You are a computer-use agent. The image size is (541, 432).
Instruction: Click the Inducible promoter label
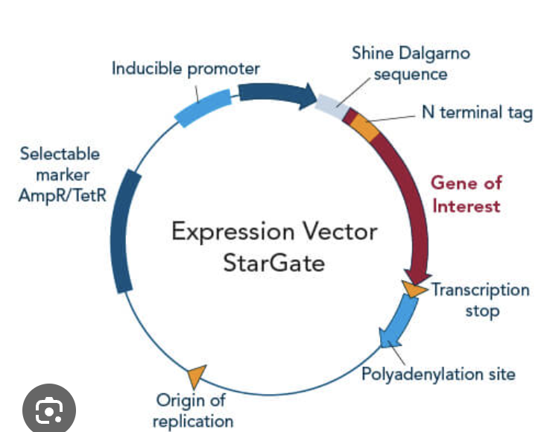point(186,69)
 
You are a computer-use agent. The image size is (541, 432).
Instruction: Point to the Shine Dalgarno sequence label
point(411,64)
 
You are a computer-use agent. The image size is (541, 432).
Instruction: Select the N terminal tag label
point(477,112)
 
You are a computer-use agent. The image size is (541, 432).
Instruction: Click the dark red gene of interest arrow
point(411,201)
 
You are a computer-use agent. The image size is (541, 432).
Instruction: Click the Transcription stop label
point(481,299)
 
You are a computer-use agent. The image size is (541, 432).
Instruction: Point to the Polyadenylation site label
point(438,373)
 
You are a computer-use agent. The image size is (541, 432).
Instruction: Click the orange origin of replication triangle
point(197,375)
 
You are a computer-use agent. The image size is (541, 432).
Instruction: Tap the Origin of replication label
point(192,411)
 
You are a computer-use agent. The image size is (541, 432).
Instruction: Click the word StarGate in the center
point(273,264)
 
